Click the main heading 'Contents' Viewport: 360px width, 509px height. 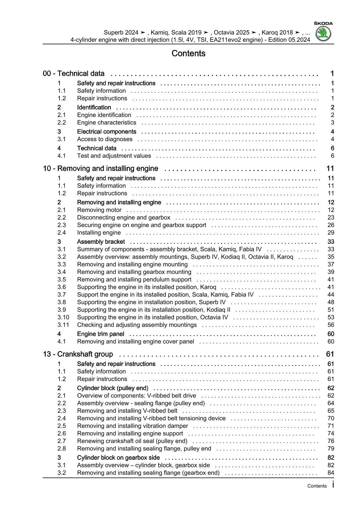[188, 53]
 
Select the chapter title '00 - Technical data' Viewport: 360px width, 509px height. [74, 73]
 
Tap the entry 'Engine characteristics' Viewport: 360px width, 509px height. [107, 123]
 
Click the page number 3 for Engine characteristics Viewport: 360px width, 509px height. [332, 123]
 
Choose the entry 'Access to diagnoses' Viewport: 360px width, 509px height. [105, 139]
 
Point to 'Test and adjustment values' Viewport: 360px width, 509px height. [114, 156]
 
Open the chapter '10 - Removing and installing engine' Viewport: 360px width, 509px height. [100, 168]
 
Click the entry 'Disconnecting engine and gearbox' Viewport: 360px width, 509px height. [124, 217]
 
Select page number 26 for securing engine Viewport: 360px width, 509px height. [331, 225]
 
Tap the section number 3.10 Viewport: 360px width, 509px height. [63, 317]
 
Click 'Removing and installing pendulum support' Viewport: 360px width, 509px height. [134, 280]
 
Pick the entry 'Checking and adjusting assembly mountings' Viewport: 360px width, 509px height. [137, 325]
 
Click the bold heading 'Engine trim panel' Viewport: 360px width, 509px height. [100, 334]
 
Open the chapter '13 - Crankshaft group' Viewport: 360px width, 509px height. [78, 354]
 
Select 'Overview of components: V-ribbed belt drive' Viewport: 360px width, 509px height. [136, 396]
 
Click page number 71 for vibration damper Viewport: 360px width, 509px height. [331, 426]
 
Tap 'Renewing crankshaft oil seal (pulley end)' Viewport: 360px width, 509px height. [132, 441]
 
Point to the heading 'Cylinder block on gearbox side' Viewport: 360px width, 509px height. [118, 458]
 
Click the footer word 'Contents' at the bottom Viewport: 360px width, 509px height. [317, 486]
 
